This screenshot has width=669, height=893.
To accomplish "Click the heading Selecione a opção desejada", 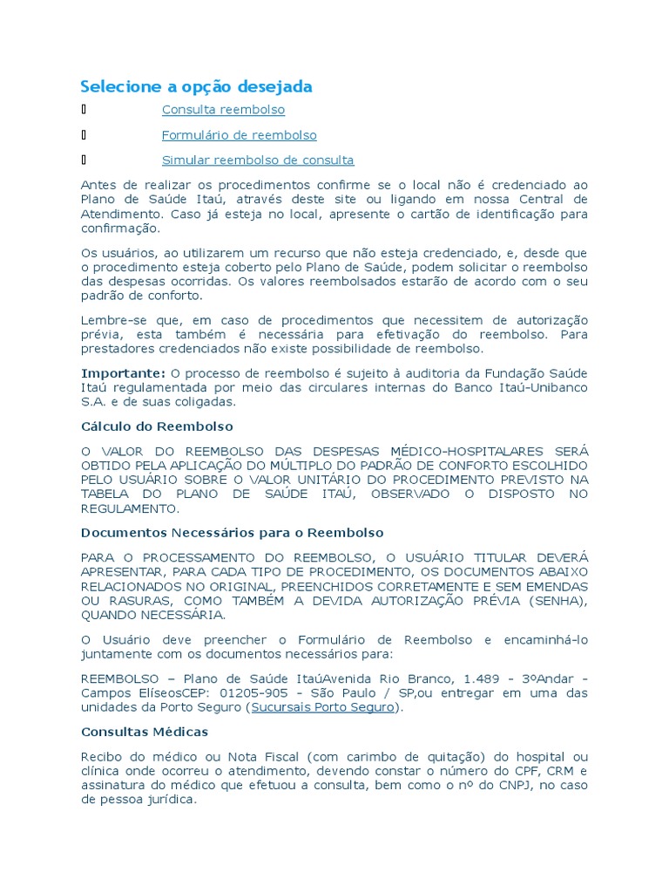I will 196,86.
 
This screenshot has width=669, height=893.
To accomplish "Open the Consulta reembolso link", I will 223,110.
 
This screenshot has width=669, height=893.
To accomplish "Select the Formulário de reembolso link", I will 239,135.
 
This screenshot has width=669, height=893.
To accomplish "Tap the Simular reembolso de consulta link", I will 258,160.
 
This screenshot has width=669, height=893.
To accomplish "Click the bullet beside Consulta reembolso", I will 84,110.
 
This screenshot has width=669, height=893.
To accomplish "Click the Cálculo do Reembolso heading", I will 157,426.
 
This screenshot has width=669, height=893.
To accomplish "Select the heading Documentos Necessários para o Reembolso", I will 232,532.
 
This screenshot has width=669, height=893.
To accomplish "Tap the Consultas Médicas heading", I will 145,732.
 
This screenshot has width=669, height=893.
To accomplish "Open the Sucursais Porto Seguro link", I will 323,707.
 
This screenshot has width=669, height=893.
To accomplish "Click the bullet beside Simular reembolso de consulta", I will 84,160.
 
